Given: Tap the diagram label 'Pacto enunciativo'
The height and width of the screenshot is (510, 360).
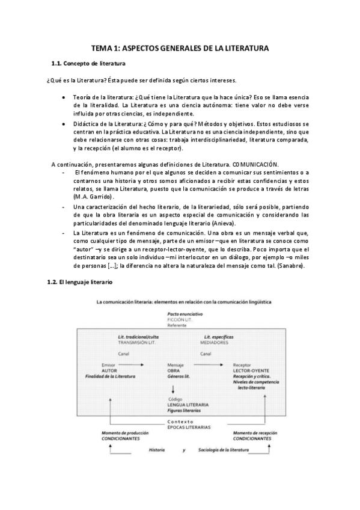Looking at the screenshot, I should [x=185, y=315].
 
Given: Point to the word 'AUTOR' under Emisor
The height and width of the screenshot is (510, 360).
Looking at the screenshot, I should [x=110, y=370].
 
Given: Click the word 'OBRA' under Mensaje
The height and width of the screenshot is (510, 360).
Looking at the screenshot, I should [x=174, y=370].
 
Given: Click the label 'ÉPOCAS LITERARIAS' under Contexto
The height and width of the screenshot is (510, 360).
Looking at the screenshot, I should [x=189, y=426].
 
